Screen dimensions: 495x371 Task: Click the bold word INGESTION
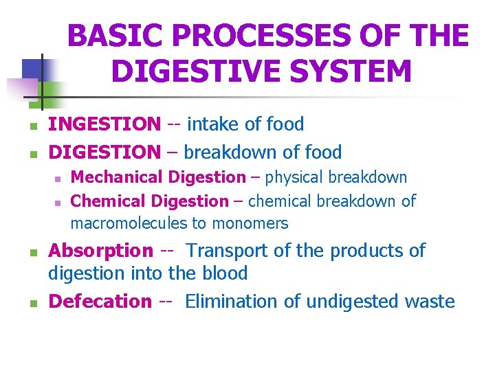pyautogui.click(x=104, y=124)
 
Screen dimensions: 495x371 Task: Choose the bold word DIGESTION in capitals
pyautogui.click(x=104, y=152)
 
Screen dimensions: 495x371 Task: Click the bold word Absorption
pyautogui.click(x=100, y=251)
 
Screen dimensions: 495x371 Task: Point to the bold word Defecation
pyautogui.click(x=100, y=301)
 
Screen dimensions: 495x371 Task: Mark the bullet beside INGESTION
pyautogui.click(x=24, y=126)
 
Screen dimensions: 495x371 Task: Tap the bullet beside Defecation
pyautogui.click(x=24, y=303)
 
